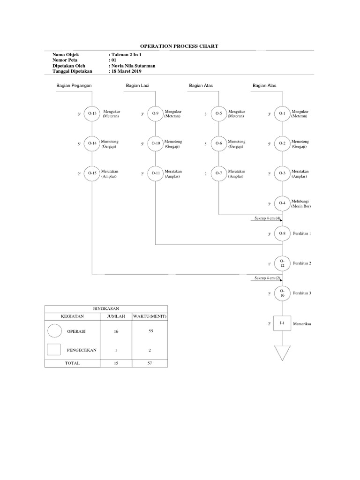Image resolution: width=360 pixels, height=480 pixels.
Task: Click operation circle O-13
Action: point(92,114)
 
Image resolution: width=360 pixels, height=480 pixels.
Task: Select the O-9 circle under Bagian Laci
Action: point(156,114)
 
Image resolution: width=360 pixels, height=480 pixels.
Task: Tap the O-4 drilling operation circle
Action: point(282,203)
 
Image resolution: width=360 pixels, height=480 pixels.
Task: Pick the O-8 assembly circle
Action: point(282,233)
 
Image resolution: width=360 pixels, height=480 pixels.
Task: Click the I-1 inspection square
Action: point(282,323)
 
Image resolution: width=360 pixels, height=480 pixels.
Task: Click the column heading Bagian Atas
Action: point(201,86)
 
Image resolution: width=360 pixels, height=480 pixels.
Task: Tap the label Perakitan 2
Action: point(302,263)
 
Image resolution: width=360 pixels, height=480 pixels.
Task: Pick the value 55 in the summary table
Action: point(150,331)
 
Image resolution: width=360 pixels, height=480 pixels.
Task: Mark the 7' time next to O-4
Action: point(269,204)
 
